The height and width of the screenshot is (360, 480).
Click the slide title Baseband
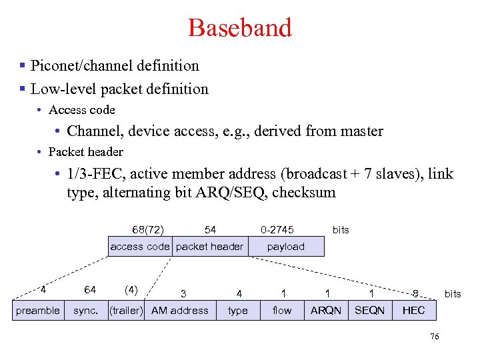coord(240,28)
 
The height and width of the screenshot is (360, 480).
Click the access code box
coord(140,247)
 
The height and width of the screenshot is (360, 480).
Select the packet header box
coord(209,247)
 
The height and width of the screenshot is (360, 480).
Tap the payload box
coord(285,247)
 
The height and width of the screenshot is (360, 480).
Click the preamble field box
coord(38,311)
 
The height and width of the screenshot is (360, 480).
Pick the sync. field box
coord(86,311)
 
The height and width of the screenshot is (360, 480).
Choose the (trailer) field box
coord(126,311)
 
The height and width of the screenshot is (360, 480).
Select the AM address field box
coord(180,311)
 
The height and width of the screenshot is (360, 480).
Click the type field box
coord(238,311)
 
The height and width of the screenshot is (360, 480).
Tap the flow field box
coord(282,311)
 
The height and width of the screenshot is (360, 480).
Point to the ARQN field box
coord(326,311)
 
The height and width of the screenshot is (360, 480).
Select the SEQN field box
coord(370,311)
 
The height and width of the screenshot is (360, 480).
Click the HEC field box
coord(413,311)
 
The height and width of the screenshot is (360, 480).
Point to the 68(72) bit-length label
coord(148,229)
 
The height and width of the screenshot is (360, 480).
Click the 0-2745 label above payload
coord(277,229)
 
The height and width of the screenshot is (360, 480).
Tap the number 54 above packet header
coord(210,229)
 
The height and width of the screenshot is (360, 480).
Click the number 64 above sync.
coord(90,289)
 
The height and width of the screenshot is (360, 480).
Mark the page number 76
coord(435,337)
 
